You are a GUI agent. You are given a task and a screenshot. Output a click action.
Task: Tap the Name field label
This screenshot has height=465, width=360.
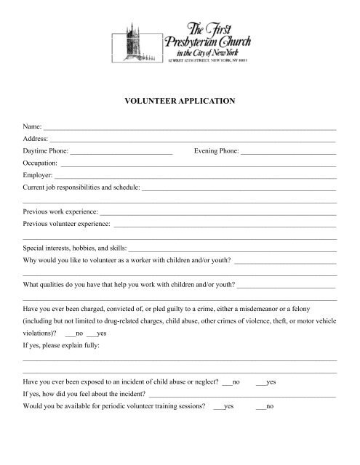(33, 127)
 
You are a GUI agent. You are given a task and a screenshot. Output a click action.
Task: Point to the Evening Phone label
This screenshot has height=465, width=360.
(216, 152)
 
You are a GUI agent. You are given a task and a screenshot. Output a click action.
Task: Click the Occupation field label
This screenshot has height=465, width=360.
(41, 164)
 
